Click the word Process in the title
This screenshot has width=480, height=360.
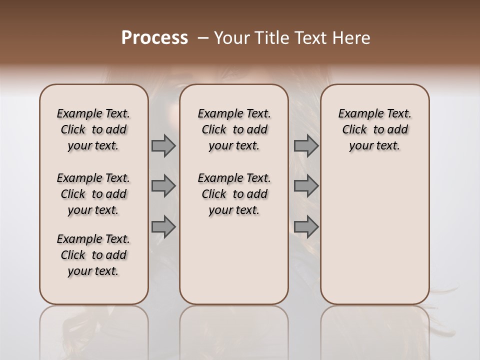coord(154,37)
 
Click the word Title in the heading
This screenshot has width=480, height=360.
coord(271,38)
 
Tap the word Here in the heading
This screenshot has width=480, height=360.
coord(351,38)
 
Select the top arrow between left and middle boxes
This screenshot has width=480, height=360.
coord(163,145)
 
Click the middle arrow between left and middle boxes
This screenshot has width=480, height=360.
coord(163,186)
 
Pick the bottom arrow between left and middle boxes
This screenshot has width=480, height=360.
coord(163,227)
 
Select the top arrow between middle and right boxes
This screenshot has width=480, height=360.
coord(306,145)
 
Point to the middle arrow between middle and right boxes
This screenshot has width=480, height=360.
coord(306,186)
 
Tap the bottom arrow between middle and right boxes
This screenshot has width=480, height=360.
coord(306,227)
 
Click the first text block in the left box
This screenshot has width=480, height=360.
coord(93,129)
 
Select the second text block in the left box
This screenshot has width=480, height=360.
coord(93,194)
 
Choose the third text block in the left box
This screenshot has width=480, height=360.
coord(93,255)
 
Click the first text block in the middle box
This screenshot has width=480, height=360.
coord(234,129)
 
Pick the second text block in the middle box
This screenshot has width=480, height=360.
coord(234,194)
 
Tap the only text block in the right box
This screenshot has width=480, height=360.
coord(374,129)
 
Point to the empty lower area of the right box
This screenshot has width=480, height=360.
coord(374,235)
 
